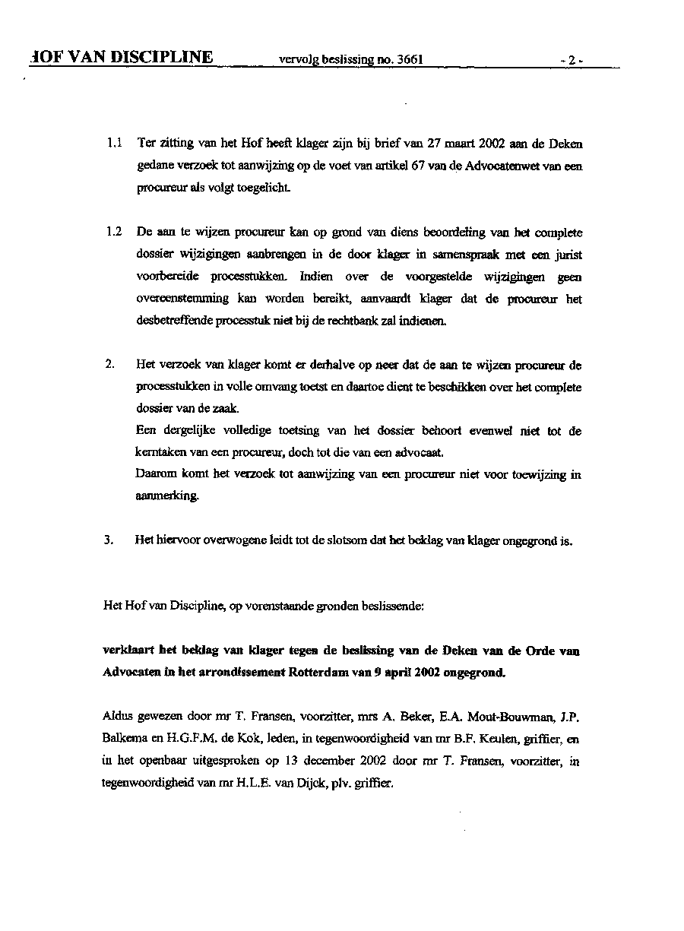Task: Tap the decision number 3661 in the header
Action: click(409, 59)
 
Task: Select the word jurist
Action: click(567, 255)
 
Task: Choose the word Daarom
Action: click(157, 475)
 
